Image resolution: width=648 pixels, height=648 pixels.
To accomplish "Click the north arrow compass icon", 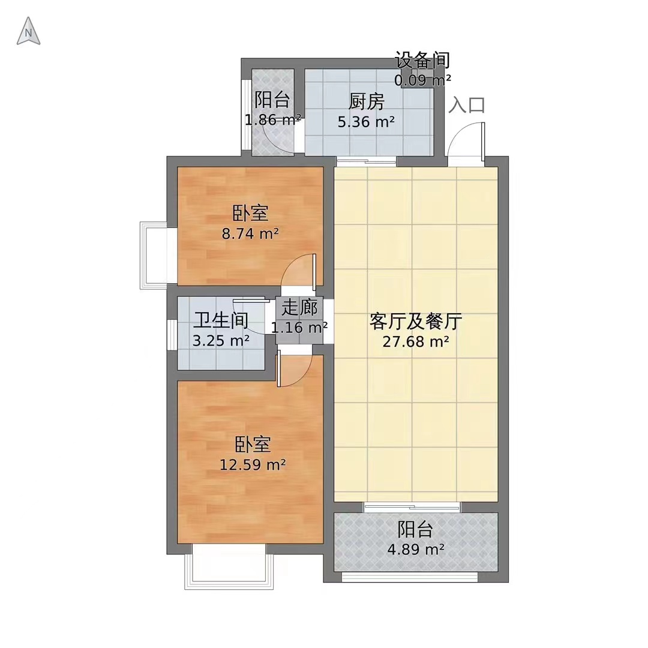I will tap(28, 31).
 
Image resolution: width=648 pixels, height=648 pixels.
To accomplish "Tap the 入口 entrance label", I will tap(467, 105).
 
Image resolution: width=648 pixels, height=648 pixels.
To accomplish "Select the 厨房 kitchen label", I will tap(365, 102).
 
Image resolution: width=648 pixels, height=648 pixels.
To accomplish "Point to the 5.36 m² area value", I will tap(367, 122).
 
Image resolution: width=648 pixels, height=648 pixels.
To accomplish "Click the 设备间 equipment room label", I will tap(422, 61).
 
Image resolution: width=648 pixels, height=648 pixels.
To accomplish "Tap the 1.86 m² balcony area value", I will tap(272, 120).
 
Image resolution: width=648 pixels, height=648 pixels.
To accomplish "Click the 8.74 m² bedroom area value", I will tap(250, 233).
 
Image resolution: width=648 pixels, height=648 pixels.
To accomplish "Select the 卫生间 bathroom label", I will tap(221, 321).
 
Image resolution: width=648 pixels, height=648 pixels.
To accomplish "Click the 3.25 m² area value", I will tap(221, 341).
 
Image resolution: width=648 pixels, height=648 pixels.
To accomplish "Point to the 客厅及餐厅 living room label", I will tap(415, 322).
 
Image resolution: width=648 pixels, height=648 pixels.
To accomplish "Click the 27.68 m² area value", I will tap(416, 343).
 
